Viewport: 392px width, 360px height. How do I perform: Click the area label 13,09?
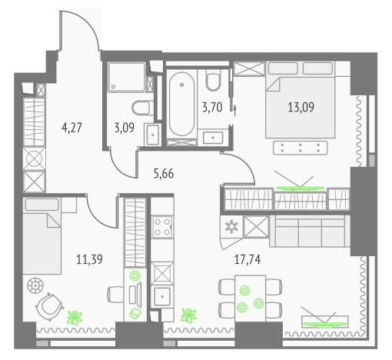pos(301,107)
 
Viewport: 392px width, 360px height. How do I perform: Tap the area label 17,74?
pos(247,259)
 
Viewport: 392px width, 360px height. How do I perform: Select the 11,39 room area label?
pos(89,259)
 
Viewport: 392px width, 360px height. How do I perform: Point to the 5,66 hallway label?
pos(164,174)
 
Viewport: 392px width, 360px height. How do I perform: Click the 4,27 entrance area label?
pos(71,128)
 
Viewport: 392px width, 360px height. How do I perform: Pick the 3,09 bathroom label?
pos(125,128)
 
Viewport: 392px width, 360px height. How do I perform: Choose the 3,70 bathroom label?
pos(212,107)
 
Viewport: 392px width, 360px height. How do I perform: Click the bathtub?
pos(181,104)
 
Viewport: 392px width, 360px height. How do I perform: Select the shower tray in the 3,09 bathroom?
pos(127,77)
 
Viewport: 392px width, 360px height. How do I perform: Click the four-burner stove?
pos(162,227)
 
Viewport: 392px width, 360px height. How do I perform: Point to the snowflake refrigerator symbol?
pos(231,226)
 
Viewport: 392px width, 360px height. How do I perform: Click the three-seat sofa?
pos(310,231)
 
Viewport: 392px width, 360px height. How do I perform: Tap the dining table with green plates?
pos(250,298)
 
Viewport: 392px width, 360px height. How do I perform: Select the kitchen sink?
pos(161,297)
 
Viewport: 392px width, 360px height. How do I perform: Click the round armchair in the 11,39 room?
pos(49,307)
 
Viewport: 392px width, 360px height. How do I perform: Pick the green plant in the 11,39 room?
pos(75,318)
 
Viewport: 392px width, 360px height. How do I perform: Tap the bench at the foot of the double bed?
pos(301,148)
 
